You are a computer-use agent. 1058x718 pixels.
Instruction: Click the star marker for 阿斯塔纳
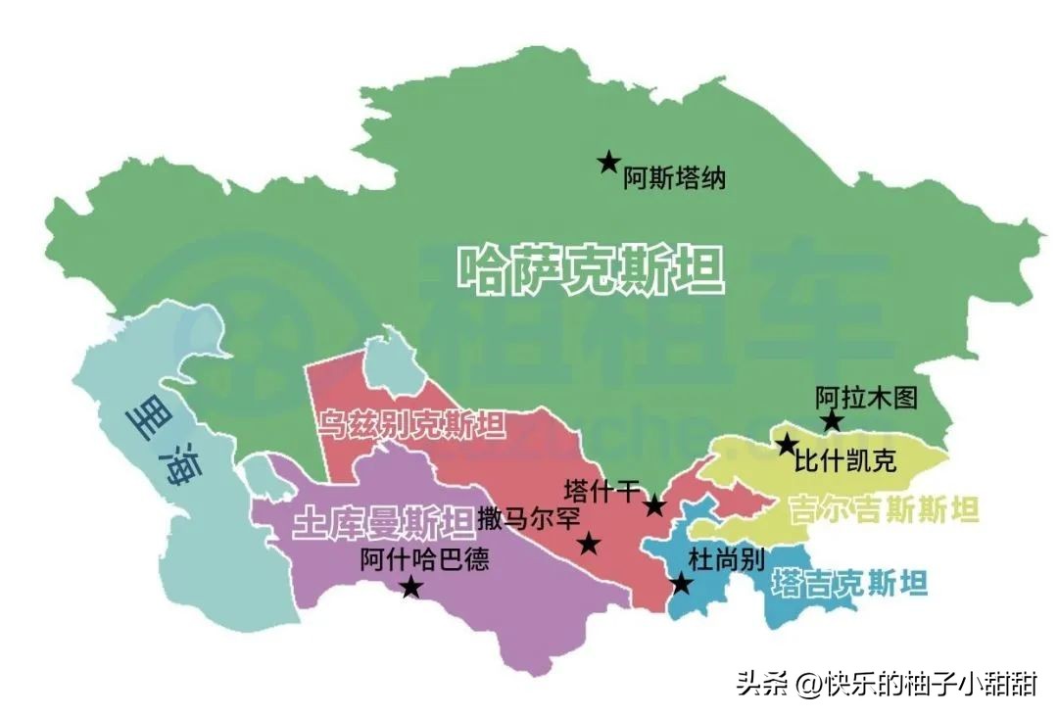(608, 162)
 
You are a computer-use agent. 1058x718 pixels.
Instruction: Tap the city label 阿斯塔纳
(675, 180)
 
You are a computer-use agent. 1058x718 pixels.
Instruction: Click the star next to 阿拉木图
(832, 421)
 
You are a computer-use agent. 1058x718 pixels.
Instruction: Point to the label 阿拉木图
(867, 398)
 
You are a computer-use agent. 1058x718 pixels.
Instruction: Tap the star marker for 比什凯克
(787, 445)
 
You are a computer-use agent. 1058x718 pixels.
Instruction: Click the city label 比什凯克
(845, 461)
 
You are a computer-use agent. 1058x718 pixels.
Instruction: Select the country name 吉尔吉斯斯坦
(885, 509)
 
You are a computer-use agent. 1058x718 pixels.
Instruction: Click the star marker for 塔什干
(655, 505)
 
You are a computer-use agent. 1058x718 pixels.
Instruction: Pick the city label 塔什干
(602, 490)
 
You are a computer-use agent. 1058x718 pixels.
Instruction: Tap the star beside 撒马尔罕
(589, 544)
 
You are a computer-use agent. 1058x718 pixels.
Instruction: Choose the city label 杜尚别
(726, 559)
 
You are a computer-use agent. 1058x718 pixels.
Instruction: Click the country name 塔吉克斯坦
(849, 584)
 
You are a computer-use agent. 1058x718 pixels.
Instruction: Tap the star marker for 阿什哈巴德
(411, 587)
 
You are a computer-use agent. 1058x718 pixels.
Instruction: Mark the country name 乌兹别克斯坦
(411, 426)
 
